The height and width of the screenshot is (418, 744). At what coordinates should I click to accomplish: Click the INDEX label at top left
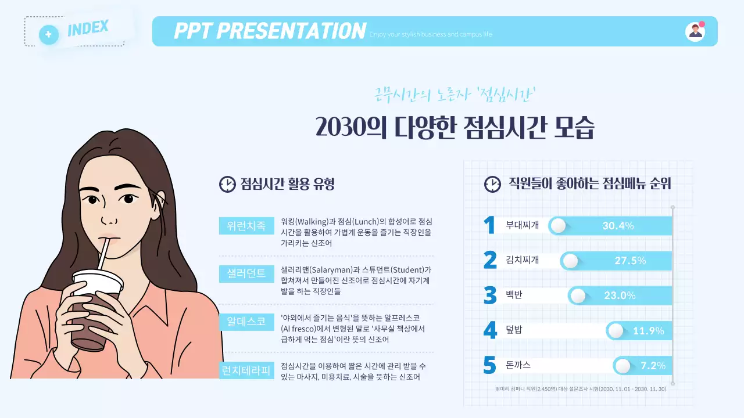tap(88, 27)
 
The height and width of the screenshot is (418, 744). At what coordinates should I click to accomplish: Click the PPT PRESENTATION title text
tap(270, 31)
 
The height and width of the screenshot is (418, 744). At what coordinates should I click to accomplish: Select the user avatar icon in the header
tap(695, 31)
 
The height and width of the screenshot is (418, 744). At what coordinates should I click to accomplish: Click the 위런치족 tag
tap(246, 225)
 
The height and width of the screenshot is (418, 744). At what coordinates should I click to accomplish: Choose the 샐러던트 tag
tap(246, 273)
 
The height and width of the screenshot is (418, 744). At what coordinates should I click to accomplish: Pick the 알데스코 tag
tap(246, 322)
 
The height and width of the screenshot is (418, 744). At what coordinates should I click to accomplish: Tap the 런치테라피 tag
tap(246, 370)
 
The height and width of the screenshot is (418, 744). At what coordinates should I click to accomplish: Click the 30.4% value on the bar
tap(617, 226)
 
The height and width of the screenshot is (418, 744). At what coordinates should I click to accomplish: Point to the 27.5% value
tap(630, 261)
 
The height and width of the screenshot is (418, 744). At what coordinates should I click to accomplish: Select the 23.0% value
tap(620, 296)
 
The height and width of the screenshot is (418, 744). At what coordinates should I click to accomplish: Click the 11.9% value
tap(648, 331)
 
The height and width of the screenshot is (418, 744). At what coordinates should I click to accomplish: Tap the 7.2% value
tap(653, 366)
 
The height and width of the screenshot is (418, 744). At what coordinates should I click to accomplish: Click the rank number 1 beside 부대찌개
tap(489, 225)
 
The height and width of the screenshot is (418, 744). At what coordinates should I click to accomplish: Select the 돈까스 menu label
tap(518, 366)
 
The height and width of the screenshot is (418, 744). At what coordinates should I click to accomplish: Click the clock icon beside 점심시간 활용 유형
tap(227, 184)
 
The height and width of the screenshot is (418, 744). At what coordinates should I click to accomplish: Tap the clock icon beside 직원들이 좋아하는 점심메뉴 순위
tap(492, 184)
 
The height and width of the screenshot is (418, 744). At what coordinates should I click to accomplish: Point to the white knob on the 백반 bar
tap(578, 296)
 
